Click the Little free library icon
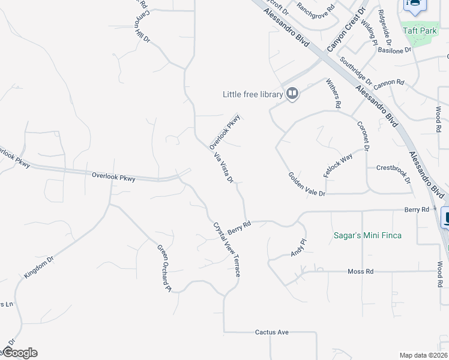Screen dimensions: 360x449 click(x=292, y=94)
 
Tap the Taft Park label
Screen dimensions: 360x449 click(x=420, y=31)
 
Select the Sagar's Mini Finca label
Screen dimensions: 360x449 click(x=367, y=235)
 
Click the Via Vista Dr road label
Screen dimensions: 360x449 click(x=223, y=167)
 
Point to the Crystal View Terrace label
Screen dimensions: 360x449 click(x=226, y=250)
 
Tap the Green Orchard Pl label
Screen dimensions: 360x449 click(x=164, y=268)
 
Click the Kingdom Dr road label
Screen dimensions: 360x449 click(x=39, y=267)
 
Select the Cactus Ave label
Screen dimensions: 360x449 click(x=272, y=332)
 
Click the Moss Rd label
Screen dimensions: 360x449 click(x=360, y=272)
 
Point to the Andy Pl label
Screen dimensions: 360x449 click(x=298, y=248)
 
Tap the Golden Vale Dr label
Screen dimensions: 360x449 click(x=307, y=185)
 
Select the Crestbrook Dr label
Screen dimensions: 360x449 click(x=393, y=173)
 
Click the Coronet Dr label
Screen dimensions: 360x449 click(x=362, y=136)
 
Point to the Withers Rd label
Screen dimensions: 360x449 click(x=333, y=93)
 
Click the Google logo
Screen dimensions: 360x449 click(x=19, y=353)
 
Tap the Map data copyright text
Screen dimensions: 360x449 click(x=423, y=355)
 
